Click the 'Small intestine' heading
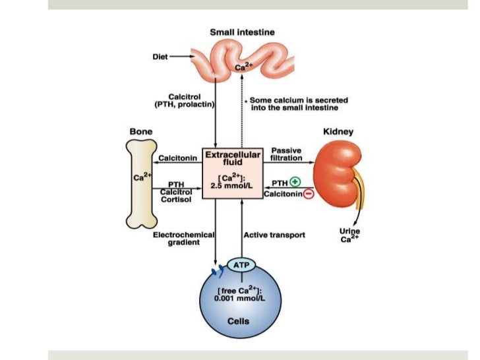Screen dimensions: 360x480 click(242, 32)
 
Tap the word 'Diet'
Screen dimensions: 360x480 click(160, 57)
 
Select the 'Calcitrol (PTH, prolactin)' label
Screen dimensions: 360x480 click(189, 100)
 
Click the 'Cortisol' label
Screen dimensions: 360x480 click(176, 200)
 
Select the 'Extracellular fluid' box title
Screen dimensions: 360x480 click(233, 158)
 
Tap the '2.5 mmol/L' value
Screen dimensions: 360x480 click(233, 186)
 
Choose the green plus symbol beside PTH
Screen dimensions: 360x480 click(295, 183)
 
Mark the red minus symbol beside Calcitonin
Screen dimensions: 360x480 click(308, 193)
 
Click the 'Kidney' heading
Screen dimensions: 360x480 click(338, 131)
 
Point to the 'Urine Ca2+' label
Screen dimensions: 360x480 click(349, 235)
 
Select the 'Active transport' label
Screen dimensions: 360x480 click(274, 234)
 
